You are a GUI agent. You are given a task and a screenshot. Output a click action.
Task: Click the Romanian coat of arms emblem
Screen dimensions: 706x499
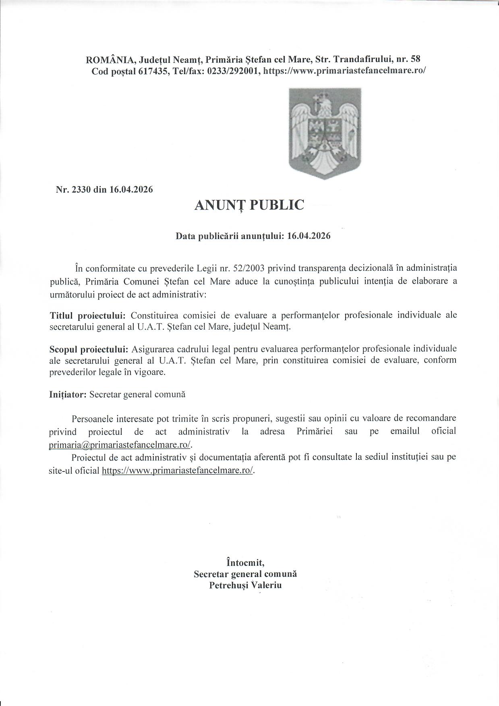[x=325, y=133]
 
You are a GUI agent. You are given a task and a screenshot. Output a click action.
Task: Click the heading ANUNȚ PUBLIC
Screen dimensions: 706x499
[x=249, y=205]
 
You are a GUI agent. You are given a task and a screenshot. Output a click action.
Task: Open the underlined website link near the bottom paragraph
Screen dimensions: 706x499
[x=178, y=470]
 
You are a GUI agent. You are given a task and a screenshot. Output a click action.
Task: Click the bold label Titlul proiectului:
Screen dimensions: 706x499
[x=88, y=315]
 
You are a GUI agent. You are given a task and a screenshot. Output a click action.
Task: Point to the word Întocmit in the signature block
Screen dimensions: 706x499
[x=245, y=562]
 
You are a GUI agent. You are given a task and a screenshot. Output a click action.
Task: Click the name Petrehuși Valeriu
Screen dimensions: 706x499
[x=245, y=585]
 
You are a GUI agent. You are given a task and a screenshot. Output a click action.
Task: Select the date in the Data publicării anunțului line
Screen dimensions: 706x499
[x=309, y=236]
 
